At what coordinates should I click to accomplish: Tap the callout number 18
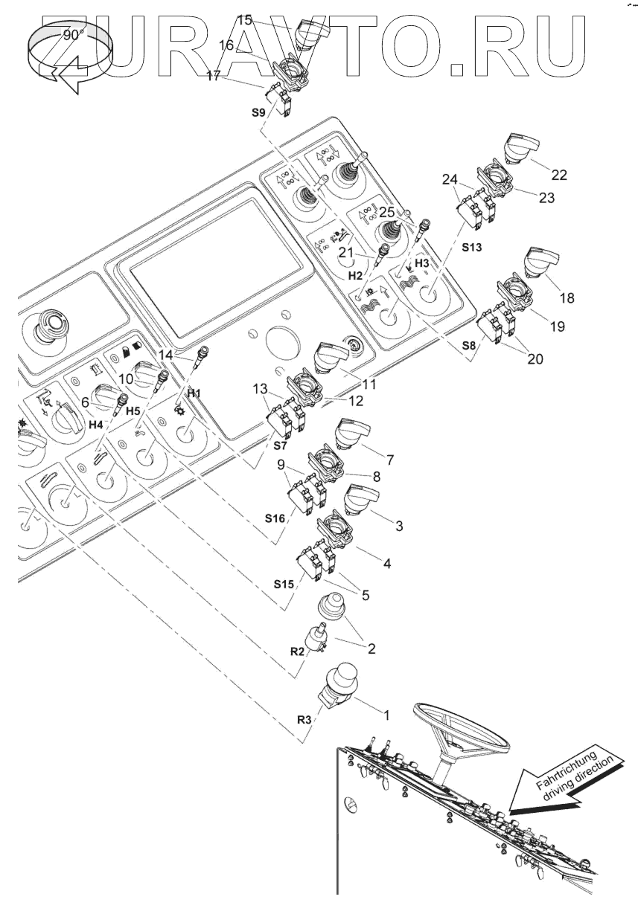(567, 297)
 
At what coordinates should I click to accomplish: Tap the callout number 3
(399, 526)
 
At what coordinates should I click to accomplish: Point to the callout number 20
(533, 359)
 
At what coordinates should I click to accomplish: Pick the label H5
(132, 410)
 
